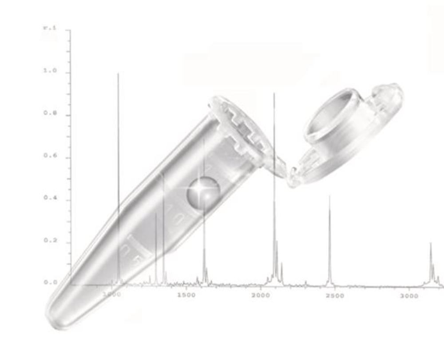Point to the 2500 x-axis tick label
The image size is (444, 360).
point(335,296)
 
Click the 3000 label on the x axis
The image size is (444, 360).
point(409,296)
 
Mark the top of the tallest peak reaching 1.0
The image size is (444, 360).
point(118,74)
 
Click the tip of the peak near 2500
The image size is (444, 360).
point(329,196)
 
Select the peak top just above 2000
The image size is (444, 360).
point(274,93)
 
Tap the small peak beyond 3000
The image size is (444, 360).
point(430,244)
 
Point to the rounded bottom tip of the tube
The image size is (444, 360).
point(55,318)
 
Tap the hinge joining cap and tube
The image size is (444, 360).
point(284,171)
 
